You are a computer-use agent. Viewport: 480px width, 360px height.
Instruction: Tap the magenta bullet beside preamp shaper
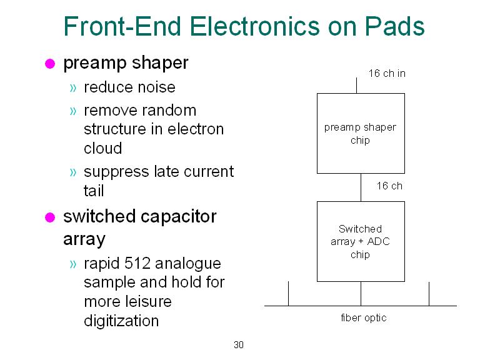[50, 64]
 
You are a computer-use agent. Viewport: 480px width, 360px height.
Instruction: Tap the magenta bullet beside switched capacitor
[50, 217]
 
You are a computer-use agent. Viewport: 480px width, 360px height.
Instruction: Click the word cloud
[103, 149]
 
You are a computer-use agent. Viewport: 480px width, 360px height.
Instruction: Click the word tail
[94, 191]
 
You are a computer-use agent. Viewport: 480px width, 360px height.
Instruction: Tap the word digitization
[121, 321]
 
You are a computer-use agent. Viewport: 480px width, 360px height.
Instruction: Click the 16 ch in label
[387, 74]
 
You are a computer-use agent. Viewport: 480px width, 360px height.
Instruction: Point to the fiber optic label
[363, 318]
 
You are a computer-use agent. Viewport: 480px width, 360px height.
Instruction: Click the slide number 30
[239, 345]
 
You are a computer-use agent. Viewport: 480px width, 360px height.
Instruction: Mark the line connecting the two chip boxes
[361, 187]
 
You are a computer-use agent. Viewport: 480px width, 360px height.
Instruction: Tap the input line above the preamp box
[356, 86]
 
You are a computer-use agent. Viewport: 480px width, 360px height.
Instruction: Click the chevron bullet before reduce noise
[73, 88]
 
